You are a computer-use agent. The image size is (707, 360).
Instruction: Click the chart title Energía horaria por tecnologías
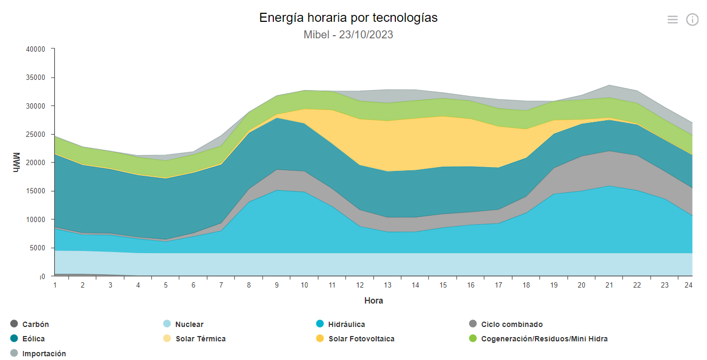[x=348, y=18]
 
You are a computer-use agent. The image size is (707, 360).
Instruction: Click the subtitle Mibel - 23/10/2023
[x=348, y=35]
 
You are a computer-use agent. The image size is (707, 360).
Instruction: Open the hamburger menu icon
[x=672, y=20]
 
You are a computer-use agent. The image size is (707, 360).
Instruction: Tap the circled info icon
[x=692, y=20]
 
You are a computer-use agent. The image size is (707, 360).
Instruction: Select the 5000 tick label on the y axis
[x=38, y=248]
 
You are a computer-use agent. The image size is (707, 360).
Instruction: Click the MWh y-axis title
[x=15, y=162]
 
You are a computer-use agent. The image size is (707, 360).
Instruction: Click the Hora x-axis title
[x=373, y=300]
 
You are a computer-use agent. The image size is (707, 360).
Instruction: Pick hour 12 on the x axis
[x=360, y=285]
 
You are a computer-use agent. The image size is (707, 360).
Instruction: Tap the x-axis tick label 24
[x=688, y=285]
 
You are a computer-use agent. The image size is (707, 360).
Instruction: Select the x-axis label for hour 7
[x=221, y=285]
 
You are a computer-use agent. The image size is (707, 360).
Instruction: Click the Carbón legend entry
[x=35, y=324]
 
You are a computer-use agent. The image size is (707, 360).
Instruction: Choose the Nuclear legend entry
[x=189, y=324]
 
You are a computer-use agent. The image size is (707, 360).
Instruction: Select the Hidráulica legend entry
[x=346, y=324]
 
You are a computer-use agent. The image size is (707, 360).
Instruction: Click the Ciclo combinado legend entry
[x=511, y=324]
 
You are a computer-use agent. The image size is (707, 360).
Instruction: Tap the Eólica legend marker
[x=14, y=339]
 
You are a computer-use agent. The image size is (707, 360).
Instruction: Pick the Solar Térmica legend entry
[x=200, y=339]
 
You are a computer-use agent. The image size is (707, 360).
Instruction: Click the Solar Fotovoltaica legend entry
[x=361, y=339]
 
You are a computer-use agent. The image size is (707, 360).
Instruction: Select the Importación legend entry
[x=44, y=354]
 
